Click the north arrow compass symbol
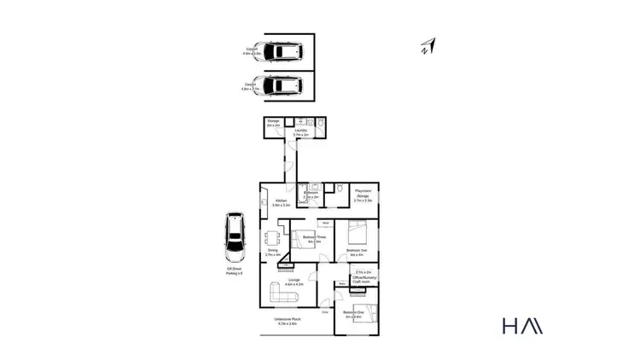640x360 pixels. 428,47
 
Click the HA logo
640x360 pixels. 521,326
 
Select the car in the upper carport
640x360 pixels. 281,53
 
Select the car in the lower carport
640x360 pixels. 281,85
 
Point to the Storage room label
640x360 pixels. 273,124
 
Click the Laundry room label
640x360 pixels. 300,133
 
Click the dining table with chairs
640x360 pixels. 274,238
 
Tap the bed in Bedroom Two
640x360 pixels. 358,230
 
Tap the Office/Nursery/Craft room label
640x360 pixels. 364,276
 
